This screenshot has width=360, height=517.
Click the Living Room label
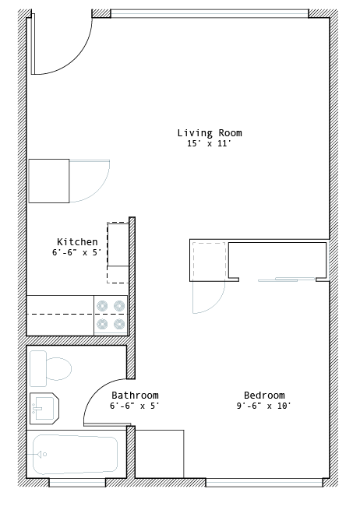tap(210, 133)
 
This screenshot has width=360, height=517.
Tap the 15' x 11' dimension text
tap(209, 143)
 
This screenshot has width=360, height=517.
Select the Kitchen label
tap(77, 241)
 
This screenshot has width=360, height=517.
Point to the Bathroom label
tap(135, 395)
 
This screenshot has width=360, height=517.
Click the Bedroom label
tap(264, 395)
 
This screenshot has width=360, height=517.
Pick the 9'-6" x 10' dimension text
tap(263, 406)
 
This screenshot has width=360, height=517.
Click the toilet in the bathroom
tap(51, 368)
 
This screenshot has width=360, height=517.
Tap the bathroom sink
tap(44, 408)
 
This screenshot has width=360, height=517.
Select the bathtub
tap(76, 455)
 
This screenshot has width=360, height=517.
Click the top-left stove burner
tap(102, 306)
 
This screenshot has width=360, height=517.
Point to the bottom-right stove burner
tap(119, 325)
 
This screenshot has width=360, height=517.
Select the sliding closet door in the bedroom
tap(286, 280)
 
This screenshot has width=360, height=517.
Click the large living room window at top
tap(210, 13)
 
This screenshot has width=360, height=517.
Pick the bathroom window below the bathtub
tap(77, 483)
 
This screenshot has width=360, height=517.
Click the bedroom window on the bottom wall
tap(264, 483)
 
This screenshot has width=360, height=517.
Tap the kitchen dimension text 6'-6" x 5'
tap(76, 252)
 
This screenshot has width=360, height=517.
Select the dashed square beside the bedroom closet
tap(209, 260)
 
